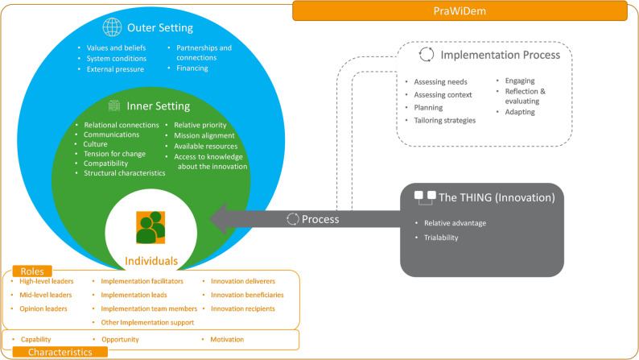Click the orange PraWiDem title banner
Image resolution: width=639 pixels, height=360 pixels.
(460, 11)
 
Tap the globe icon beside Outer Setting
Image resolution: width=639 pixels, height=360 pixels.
(112, 27)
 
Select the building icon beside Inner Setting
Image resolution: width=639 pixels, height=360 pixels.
(114, 106)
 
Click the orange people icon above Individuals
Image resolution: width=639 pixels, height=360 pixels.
(150, 227)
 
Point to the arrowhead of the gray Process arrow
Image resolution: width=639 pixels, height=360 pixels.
(211, 219)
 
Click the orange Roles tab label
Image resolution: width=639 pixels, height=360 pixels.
(32, 271)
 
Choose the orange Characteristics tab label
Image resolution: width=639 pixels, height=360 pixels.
(60, 352)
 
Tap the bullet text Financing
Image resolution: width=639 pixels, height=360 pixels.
(192, 68)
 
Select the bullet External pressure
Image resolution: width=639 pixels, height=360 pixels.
(115, 69)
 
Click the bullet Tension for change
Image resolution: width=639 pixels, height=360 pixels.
(114, 154)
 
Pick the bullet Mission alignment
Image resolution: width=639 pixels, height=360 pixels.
(204, 135)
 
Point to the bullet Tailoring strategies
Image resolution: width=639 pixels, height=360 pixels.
(444, 120)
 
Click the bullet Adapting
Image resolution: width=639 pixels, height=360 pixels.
(520, 112)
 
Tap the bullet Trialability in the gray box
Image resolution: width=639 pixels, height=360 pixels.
(441, 238)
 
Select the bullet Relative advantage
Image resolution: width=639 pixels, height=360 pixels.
(455, 223)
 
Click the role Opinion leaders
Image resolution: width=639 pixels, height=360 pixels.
(43, 308)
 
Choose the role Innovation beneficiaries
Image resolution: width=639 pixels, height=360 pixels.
(247, 295)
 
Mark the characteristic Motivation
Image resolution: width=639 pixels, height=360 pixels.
(227, 339)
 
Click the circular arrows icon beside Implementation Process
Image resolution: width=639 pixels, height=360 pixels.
(427, 55)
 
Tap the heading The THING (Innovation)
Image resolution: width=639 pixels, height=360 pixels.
(497, 198)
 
